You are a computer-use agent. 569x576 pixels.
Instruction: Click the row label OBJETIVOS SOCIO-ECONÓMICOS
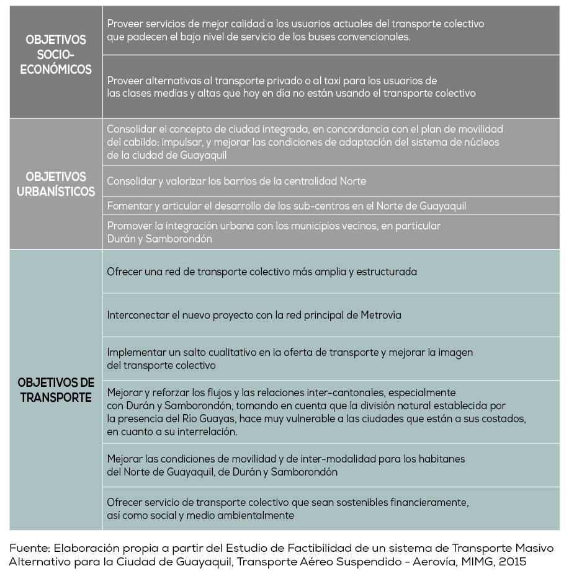coord(56,55)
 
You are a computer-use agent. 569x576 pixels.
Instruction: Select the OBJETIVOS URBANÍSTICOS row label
coord(56,184)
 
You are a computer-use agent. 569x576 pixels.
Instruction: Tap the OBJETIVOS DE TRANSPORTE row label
coord(56,389)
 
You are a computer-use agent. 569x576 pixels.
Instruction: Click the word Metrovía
coord(381,315)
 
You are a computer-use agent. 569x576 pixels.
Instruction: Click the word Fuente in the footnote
coord(29,548)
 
